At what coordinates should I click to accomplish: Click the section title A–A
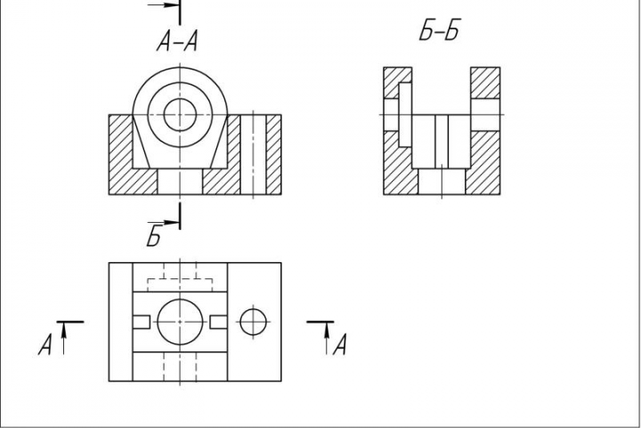tap(177, 41)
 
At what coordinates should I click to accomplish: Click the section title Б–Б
tap(440, 30)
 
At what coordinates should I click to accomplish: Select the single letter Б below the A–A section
tap(154, 236)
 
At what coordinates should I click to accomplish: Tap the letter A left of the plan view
tap(45, 344)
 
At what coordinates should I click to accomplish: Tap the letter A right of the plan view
tap(340, 344)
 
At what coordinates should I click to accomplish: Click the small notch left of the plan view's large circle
tap(142, 322)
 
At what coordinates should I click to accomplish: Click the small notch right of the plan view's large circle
tap(219, 322)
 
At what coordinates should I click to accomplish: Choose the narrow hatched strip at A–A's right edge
tap(273, 154)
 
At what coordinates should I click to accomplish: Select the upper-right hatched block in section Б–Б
tap(485, 83)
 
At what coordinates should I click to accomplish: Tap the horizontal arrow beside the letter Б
tap(164, 223)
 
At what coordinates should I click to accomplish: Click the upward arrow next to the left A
tap(64, 339)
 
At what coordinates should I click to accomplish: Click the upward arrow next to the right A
tap(327, 339)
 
